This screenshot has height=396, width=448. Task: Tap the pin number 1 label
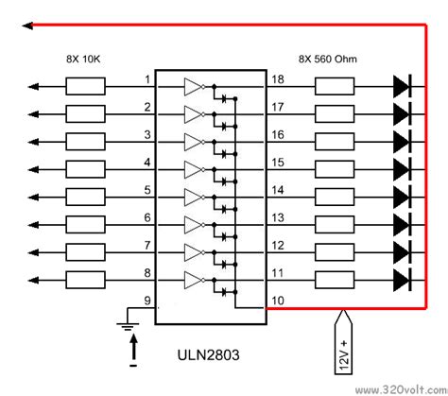[146, 79]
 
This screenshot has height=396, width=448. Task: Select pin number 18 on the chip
[278, 79]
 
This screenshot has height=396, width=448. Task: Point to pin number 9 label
[146, 303]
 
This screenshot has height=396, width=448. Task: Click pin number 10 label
[278, 302]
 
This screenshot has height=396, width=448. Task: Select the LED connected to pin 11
[401, 280]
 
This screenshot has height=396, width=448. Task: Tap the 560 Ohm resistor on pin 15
[335, 169]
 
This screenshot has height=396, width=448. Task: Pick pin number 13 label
[278, 217]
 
